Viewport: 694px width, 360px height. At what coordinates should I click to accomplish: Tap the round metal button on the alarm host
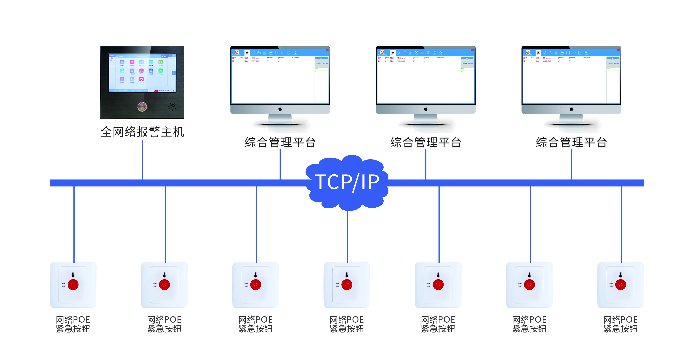point(142,107)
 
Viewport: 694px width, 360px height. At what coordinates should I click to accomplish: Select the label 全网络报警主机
point(142,132)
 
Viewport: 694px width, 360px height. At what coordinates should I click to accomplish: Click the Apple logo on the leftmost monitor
point(280,109)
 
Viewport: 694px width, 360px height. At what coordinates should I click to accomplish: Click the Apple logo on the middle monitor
point(426,109)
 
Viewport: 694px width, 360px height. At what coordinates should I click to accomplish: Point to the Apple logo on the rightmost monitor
point(571,109)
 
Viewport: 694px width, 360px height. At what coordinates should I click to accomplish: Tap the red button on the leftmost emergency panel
point(73,285)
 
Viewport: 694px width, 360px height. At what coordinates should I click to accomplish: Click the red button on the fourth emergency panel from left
point(347,285)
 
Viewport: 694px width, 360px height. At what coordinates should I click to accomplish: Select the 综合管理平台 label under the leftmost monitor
point(280,142)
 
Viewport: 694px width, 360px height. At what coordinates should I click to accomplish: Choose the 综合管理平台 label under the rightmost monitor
point(571,142)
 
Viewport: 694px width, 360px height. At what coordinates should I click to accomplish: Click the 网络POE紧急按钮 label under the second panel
point(164,324)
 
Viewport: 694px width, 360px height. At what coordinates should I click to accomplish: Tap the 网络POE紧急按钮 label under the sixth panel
point(529,324)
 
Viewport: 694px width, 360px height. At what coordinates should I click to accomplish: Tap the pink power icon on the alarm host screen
point(141,79)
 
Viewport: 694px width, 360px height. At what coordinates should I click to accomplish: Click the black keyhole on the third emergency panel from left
point(256,275)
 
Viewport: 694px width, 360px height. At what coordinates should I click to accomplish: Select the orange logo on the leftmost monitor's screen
point(237,52)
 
